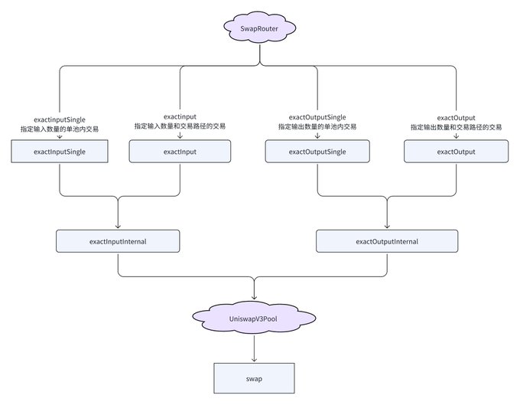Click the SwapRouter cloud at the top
pos(260,28)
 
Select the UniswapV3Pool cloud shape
pos(254,318)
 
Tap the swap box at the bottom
pos(254,378)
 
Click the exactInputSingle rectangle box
pos(60,152)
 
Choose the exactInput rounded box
pos(180,152)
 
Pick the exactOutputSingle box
pos(317,152)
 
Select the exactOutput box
pos(456,152)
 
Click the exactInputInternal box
pos(118,241)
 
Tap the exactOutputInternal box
pos(387,241)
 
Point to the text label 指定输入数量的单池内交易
pos(60,129)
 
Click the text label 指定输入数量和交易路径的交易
pos(180,126)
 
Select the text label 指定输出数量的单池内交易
pos(317,126)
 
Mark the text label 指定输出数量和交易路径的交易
pos(456,127)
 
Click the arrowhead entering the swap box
pos(254,360)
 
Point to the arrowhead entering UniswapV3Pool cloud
pos(254,297)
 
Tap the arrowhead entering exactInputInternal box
pos(118,226)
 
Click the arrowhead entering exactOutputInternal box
pos(387,226)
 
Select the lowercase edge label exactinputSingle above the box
pos(60,120)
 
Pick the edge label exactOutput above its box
pos(456,118)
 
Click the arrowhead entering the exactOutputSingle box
pos(317,136)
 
